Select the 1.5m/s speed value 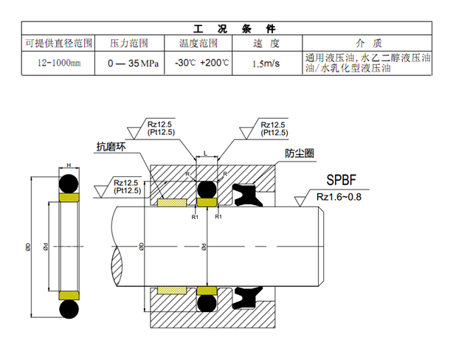click(x=265, y=63)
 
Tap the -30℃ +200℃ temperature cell click(x=202, y=63)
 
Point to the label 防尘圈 click(x=300, y=154)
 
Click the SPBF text click(x=345, y=179)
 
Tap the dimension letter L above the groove click(x=206, y=152)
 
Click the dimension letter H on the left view click(x=68, y=164)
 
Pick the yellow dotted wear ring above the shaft click(x=173, y=202)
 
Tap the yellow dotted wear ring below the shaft click(x=173, y=288)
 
